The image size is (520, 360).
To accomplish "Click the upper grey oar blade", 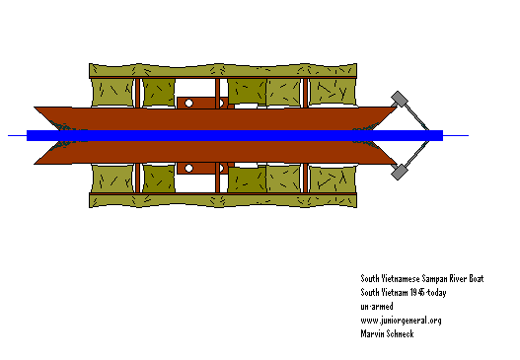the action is [x=400, y=99].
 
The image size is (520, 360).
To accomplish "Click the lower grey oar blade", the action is [x=400, y=173].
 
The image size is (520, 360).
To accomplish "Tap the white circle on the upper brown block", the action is [x=187, y=102].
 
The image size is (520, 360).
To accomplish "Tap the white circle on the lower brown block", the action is [x=187, y=169].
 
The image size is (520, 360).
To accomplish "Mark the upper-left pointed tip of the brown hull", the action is [x=37, y=108].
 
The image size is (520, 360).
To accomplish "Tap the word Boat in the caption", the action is [x=483, y=279].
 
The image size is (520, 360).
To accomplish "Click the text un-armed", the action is [x=377, y=307].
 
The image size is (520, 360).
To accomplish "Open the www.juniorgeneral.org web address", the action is [x=401, y=321].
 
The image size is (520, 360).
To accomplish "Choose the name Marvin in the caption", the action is [x=375, y=333].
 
